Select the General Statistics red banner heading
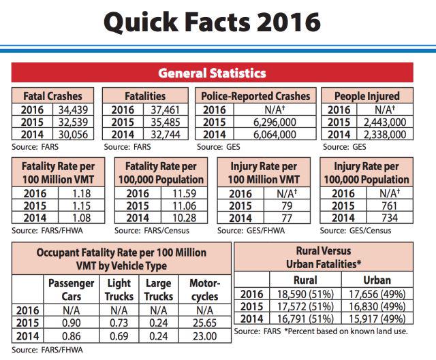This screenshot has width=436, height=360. (x=212, y=73)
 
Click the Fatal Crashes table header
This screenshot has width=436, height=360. (x=53, y=96)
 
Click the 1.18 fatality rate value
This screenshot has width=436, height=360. (x=81, y=195)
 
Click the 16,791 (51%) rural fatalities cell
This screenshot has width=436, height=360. (x=303, y=318)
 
